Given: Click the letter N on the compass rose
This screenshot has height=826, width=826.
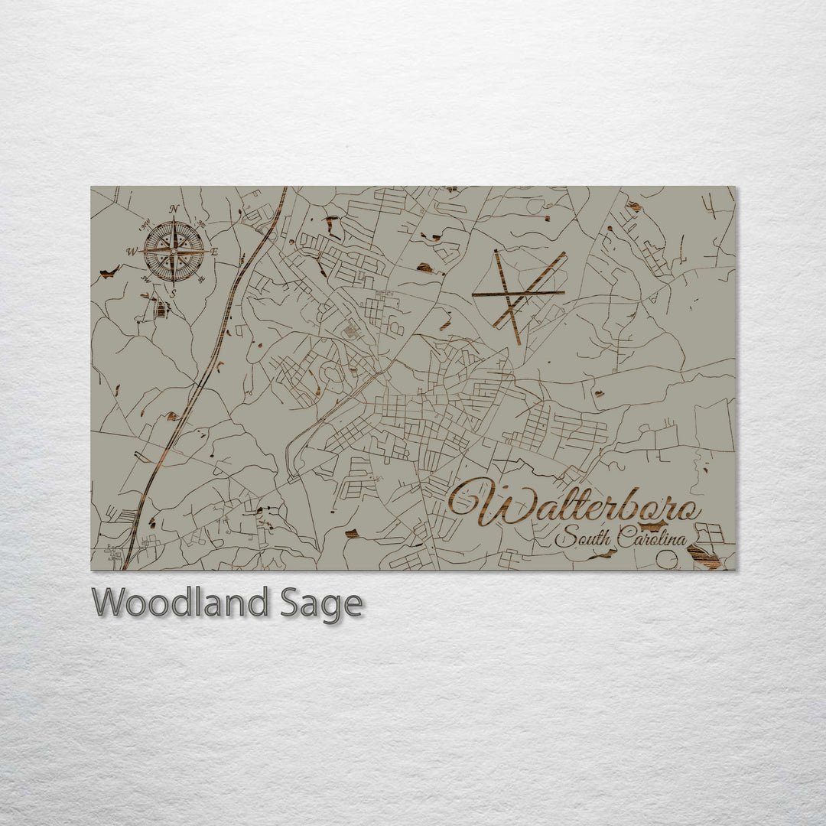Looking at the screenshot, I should tap(174, 209).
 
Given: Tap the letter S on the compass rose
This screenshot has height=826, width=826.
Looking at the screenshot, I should tap(174, 292).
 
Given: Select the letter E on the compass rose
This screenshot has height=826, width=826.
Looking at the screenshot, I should tap(215, 252).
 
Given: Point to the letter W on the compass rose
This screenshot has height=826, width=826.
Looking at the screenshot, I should tap(132, 251).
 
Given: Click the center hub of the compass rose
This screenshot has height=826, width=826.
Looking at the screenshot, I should tap(174, 251).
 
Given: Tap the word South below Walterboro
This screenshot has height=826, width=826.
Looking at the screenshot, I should tap(583, 538).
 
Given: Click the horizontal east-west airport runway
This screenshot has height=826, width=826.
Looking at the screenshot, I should tap(517, 293).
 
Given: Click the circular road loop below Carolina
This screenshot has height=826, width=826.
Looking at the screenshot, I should tap(667, 561).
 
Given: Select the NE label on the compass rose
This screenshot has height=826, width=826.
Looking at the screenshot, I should tap(203, 223).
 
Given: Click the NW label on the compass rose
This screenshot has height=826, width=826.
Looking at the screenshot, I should tap(144, 223).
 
